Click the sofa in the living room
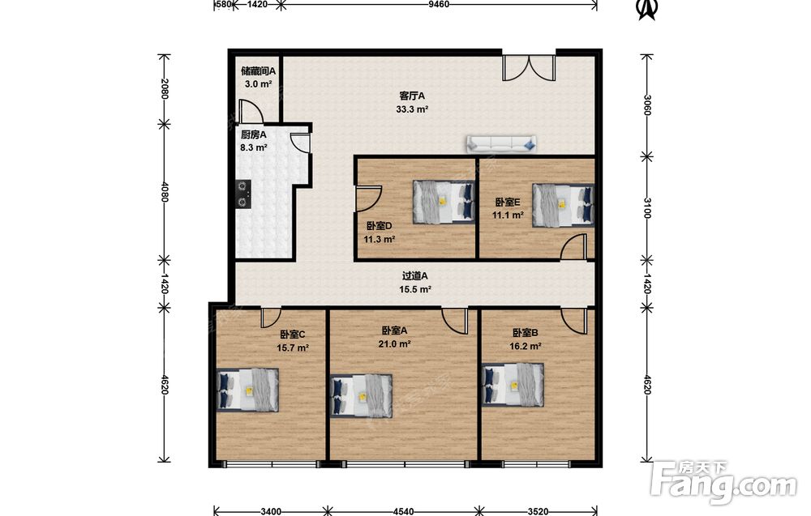[x=501, y=144]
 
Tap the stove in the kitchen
[x=243, y=194]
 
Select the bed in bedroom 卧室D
[x=444, y=202]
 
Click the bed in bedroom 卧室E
[x=563, y=205]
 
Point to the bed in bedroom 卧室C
[x=247, y=390]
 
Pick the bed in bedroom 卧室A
[x=362, y=396]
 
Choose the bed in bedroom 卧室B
[x=513, y=385]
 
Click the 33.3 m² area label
[x=412, y=109]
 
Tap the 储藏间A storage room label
[x=258, y=70]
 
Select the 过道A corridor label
[x=414, y=276]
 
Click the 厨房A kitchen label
[x=253, y=134]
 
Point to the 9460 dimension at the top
[x=439, y=4]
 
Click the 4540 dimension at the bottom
[x=403, y=511]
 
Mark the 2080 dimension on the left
[x=165, y=89]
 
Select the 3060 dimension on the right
[x=646, y=104]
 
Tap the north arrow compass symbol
[x=646, y=9]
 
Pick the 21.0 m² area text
[x=394, y=344]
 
